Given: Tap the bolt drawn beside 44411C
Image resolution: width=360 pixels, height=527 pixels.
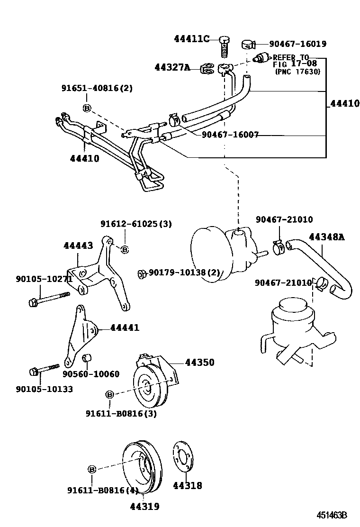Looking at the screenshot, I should coord(225,46).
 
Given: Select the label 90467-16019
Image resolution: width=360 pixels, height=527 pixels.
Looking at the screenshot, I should coord(297,44).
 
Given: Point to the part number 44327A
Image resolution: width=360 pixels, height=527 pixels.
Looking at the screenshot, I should coord(172,68).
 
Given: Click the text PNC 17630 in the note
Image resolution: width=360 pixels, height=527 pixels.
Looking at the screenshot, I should coord(297,72).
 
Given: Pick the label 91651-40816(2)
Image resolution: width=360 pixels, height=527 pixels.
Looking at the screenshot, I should coord(97,88).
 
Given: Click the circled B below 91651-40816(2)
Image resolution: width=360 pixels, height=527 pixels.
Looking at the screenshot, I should coord(87,108).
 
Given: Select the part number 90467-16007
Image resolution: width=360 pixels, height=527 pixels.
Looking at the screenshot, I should coord(230,135).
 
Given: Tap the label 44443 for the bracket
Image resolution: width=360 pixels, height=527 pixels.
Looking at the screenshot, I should coord(79,245).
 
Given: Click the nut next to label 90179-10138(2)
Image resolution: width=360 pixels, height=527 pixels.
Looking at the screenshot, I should coord(141,273).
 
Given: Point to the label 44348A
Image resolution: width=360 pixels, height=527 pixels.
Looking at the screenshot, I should coord(327,237).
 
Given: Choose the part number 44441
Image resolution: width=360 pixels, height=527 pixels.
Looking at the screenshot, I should coord(125,327).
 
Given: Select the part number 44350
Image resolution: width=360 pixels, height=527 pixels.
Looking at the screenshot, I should coord(199,363).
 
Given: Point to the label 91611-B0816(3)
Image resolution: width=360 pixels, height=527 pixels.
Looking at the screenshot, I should coord(121,413).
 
